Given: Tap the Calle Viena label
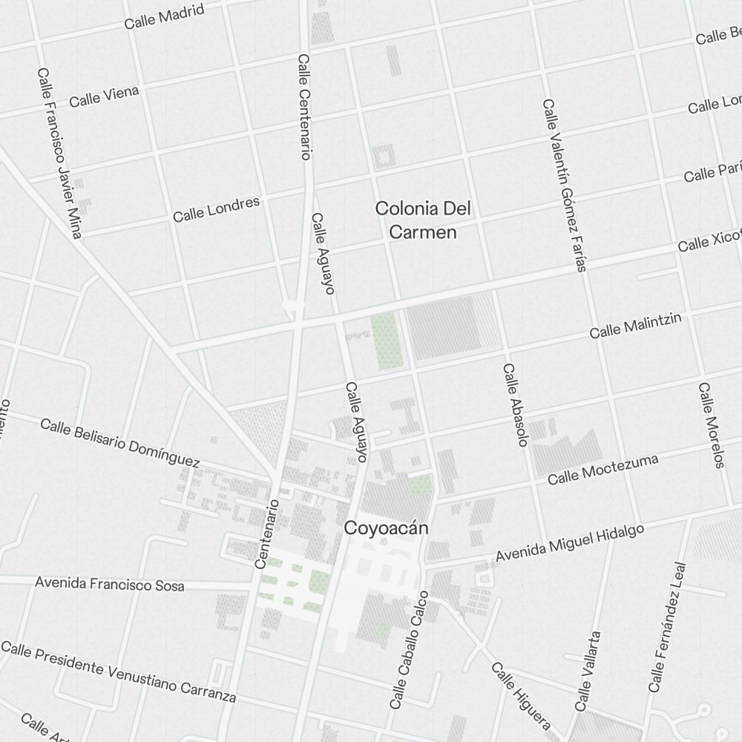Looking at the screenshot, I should [104, 96].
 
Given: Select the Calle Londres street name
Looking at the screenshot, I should [216, 209].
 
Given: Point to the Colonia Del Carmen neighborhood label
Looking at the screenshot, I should [422, 220].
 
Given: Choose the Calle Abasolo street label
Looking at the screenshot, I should [514, 404].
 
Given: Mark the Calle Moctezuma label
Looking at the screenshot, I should [603, 470].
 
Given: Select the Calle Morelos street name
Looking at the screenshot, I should [710, 425].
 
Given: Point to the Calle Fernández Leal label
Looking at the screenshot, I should [668, 627].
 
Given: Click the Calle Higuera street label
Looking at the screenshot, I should [520, 695].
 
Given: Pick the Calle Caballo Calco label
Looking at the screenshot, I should [410, 649].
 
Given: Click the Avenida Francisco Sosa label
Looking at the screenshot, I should [109, 583].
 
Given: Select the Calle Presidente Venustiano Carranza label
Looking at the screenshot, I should [119, 671].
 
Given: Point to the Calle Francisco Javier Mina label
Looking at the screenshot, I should [59, 154].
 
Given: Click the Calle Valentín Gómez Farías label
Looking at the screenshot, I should [564, 185].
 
